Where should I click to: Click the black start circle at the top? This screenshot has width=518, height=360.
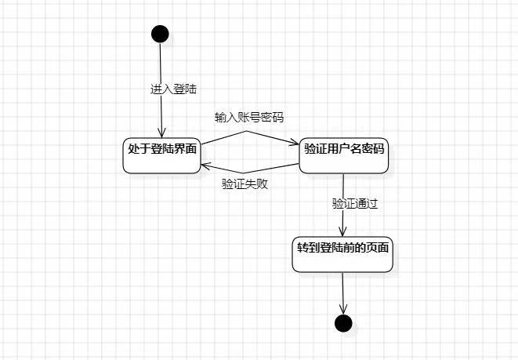(x=160, y=34)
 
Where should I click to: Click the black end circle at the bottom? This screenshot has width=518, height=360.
(x=342, y=322)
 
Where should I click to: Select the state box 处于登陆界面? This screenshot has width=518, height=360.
(x=161, y=155)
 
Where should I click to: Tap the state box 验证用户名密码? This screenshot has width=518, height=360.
(x=344, y=155)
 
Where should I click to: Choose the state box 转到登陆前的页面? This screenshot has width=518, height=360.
(x=342, y=253)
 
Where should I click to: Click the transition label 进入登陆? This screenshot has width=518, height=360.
(x=173, y=89)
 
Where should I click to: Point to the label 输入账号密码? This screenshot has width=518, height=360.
(x=249, y=118)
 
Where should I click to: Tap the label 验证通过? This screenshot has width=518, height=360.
(x=355, y=204)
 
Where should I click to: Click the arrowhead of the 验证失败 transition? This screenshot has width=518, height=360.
(x=204, y=165)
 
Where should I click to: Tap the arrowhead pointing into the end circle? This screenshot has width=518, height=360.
(x=342, y=310)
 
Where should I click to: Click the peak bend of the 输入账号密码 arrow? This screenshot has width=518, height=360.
(x=248, y=131)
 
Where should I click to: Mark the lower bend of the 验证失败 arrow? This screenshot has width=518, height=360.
(x=242, y=173)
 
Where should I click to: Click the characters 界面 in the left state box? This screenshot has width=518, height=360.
(x=185, y=147)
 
